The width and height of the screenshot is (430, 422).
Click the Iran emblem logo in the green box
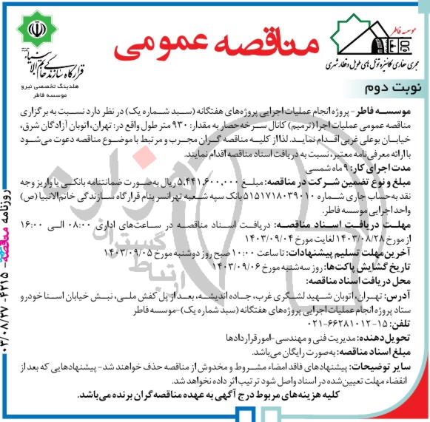click(x=37, y=30)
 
